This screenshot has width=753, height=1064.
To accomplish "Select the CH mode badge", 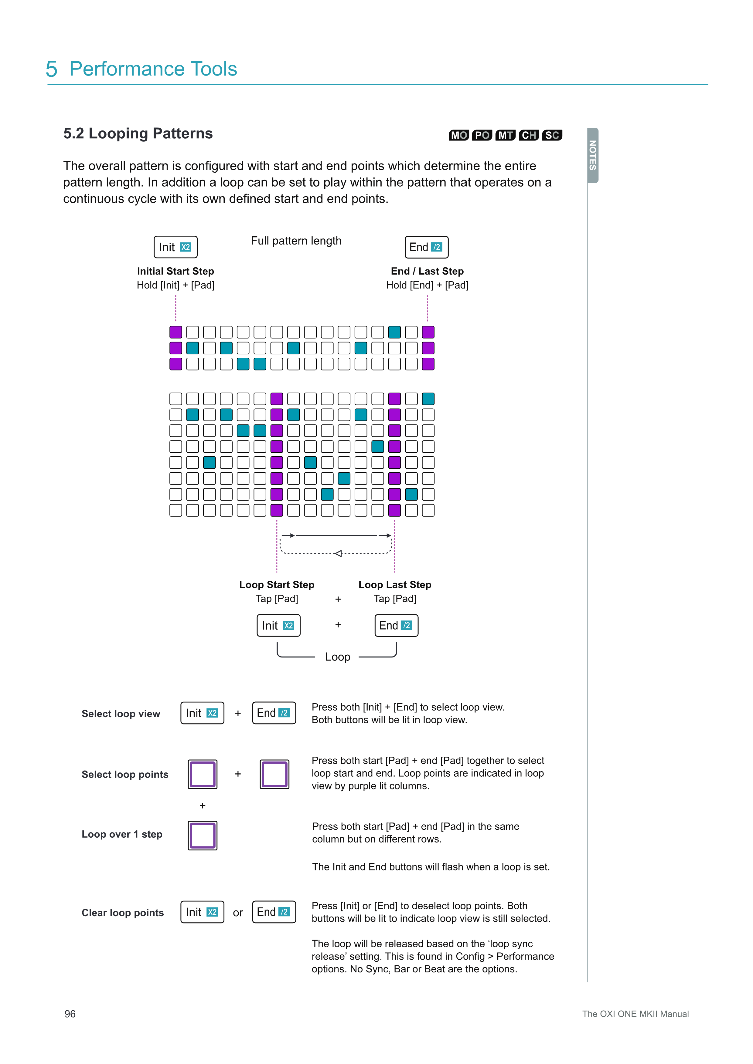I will tap(529, 135).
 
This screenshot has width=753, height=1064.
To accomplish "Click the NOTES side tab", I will tap(593, 155).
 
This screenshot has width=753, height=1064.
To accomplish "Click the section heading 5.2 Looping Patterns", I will tap(138, 133).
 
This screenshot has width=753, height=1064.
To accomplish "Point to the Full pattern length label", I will tap(296, 241).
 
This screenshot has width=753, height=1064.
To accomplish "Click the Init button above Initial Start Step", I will tap(175, 247).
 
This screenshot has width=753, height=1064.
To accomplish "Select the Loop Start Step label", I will tap(277, 585).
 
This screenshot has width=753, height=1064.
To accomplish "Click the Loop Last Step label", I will tap(395, 585).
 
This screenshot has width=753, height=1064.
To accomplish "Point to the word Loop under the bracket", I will tap(338, 657).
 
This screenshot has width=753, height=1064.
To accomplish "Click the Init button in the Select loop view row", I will tap(202, 713).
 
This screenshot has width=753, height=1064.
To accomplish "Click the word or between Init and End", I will tap(238, 913).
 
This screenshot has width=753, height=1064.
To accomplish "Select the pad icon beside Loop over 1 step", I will tap(203, 836).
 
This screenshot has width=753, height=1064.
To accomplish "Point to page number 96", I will tap(70, 1014).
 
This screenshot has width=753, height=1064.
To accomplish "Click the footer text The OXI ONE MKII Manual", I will tap(635, 1014).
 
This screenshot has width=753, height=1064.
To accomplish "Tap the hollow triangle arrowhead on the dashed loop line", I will tap(338, 553).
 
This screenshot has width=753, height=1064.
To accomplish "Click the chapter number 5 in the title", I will tap(52, 69).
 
